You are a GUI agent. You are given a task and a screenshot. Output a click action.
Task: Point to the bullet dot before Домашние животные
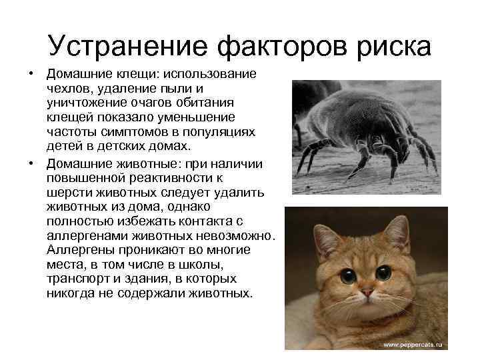click(30, 163)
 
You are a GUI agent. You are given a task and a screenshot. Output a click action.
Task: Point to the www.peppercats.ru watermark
click(414, 345)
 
